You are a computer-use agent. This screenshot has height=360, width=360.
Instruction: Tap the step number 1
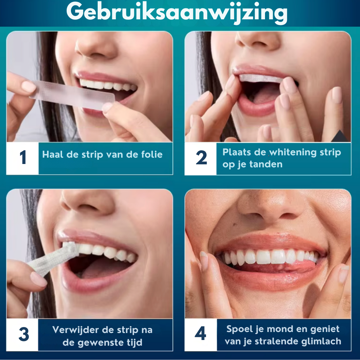23,157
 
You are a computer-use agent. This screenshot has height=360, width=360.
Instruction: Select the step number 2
201,157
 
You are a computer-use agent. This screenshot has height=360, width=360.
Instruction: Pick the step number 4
200,333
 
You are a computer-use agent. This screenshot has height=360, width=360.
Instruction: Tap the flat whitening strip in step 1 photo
72,94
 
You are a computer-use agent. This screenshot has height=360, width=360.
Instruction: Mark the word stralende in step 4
277,341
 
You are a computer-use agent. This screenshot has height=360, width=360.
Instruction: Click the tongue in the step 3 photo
103,269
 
